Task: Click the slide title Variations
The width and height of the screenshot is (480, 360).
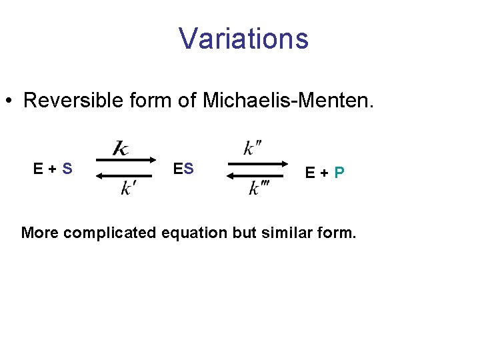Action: [243, 39]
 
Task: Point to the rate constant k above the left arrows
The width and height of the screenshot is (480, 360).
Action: [121, 148]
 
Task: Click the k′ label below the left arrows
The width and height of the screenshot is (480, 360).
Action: [128, 189]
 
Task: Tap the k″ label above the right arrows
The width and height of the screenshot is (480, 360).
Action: [252, 148]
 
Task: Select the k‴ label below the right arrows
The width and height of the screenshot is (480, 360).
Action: [259, 189]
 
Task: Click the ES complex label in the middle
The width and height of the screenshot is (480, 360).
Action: [183, 169]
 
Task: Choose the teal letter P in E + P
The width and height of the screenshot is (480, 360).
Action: [339, 173]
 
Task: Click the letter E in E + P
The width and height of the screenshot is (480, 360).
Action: [310, 173]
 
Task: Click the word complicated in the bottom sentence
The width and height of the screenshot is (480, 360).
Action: [119, 233]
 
